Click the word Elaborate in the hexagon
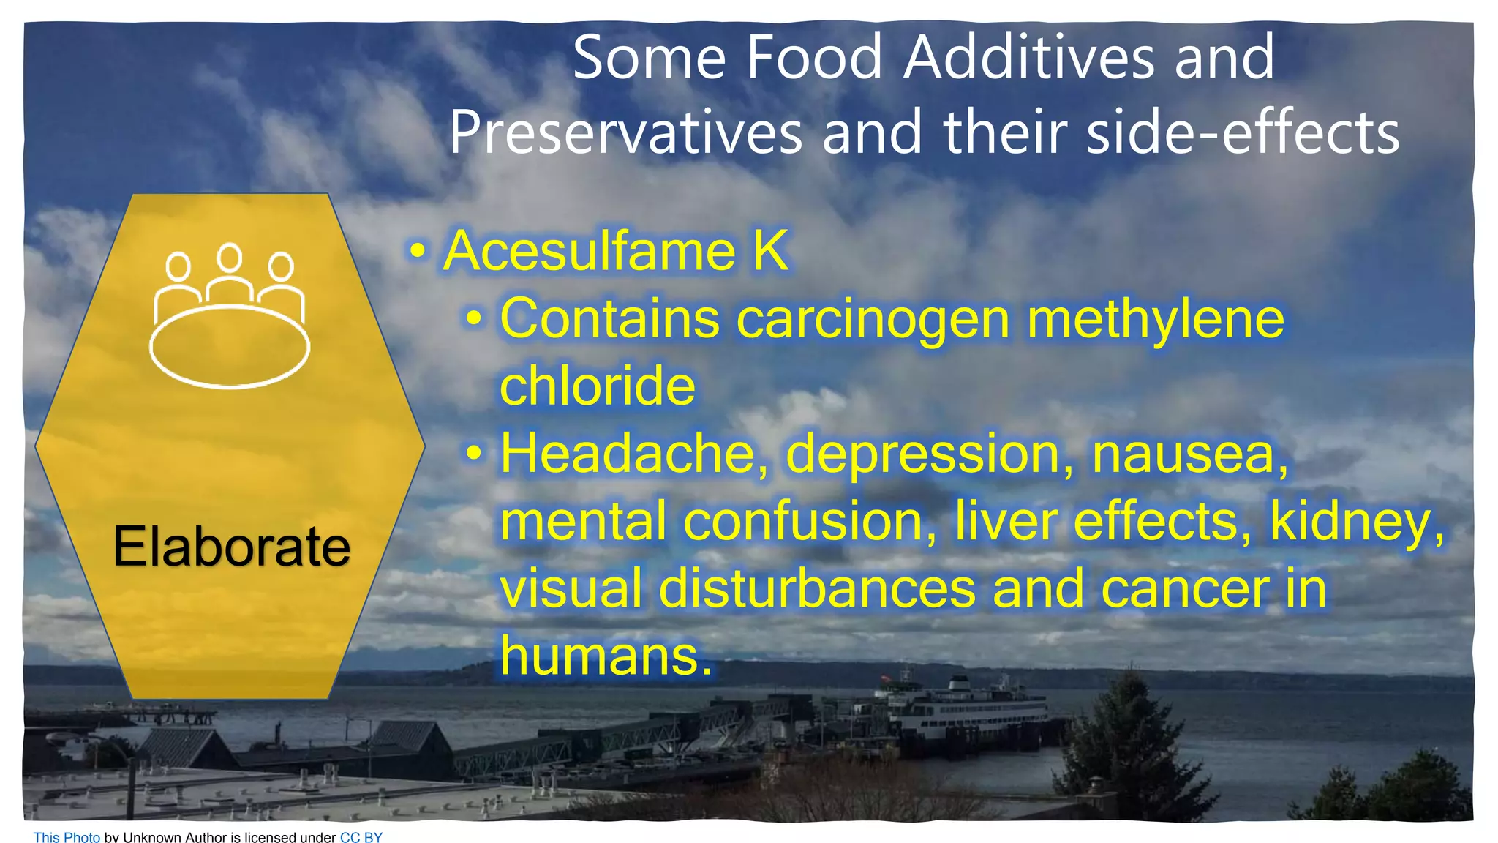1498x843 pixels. [231, 547]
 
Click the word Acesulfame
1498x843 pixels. [589, 251]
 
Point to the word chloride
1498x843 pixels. [597, 386]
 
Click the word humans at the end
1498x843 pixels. [604, 656]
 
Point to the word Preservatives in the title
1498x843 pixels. [626, 132]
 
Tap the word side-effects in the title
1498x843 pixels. [1243, 132]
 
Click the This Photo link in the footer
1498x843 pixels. [67, 836]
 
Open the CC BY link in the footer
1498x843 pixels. [361, 836]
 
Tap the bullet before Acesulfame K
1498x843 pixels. [417, 251]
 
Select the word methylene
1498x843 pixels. [1155, 319]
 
